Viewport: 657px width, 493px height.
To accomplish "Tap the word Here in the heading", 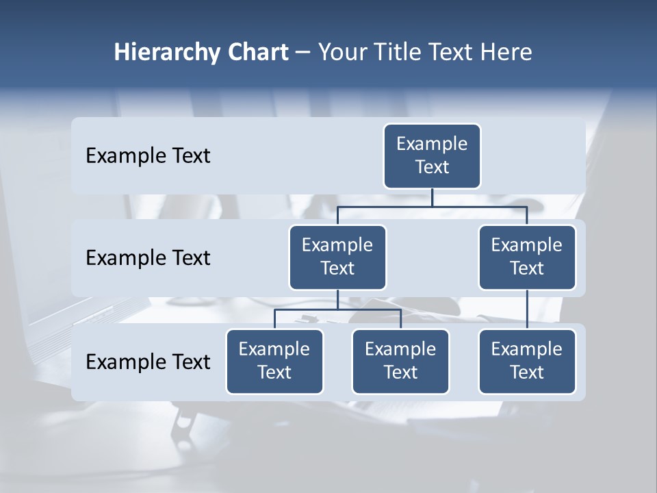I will point(505,52).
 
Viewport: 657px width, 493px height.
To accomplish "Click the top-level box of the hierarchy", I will point(432,155).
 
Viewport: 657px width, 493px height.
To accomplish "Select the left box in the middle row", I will point(337,257).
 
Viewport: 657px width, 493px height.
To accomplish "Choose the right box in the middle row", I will point(527,257).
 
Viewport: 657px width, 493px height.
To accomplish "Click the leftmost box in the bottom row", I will point(274,361).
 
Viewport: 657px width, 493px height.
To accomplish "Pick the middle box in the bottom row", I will point(400,361).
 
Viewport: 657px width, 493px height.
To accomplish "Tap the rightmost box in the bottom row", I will point(527,361).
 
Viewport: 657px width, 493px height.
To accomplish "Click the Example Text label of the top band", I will point(148,156).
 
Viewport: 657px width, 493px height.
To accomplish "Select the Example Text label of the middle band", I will point(148,257).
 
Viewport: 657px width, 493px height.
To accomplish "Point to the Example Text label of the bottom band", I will point(148,362).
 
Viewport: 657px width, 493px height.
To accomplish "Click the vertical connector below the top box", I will point(432,197).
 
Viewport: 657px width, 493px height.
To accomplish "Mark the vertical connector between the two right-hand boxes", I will point(527,309).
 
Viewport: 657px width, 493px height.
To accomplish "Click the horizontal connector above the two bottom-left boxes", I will point(337,309).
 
